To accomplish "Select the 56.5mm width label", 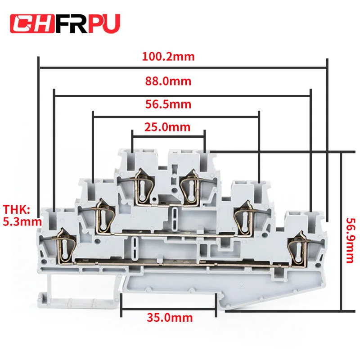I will [168, 104].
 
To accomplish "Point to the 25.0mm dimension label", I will [168, 126].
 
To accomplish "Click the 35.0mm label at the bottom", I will [170, 318].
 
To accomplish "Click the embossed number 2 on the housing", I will [243, 285].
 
